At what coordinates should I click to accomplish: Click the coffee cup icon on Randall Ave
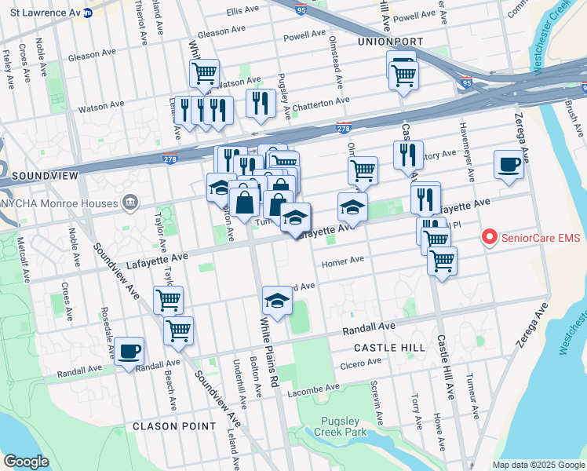[x=129, y=352]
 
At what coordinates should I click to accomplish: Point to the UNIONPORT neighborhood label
[x=390, y=41]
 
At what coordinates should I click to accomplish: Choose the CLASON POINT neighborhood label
[x=174, y=426]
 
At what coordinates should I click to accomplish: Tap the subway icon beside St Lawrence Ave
[x=88, y=13]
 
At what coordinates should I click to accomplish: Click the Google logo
[x=26, y=461]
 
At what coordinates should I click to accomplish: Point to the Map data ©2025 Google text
[x=538, y=465]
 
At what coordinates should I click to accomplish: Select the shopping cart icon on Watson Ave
[x=204, y=75]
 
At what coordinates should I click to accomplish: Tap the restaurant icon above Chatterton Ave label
[x=259, y=104]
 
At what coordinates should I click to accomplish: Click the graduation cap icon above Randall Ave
[x=276, y=301]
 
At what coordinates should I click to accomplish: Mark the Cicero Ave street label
[x=361, y=363]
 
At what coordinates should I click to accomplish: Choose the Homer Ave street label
[x=343, y=260]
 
